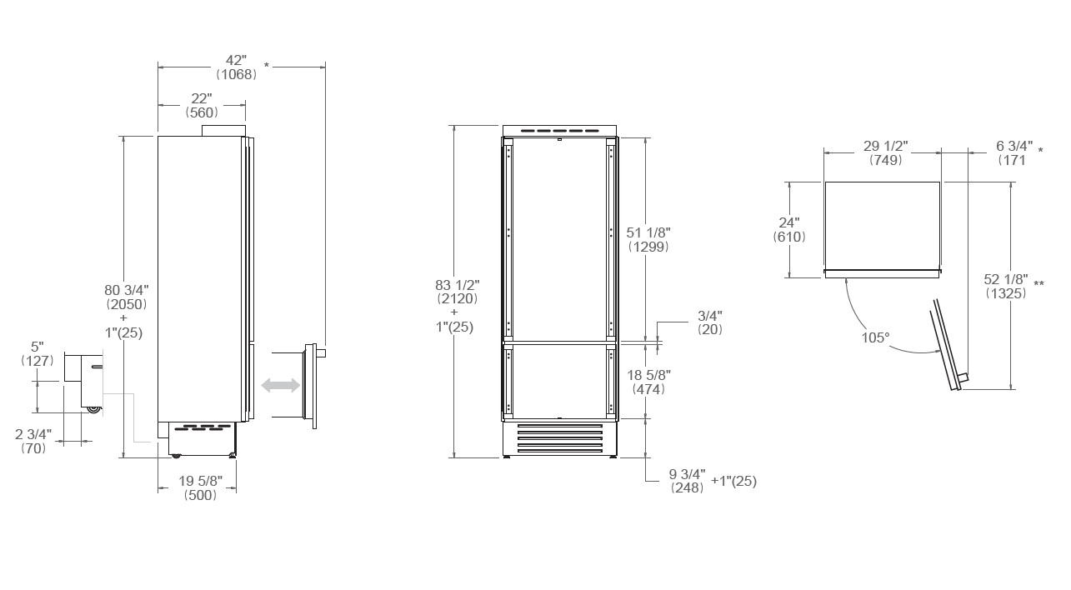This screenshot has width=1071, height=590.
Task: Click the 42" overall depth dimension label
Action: click(236, 67)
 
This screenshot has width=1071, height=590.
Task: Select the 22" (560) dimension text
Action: click(202, 105)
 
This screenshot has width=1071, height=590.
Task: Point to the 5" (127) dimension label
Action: click(37, 353)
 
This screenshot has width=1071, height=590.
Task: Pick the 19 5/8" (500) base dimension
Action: click(200, 487)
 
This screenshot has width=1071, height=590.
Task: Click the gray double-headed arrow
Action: click(281, 385)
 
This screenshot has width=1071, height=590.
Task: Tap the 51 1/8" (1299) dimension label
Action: click(648, 239)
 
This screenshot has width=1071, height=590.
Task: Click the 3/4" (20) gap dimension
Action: click(709, 322)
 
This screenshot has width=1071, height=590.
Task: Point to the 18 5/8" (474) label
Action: click(648, 382)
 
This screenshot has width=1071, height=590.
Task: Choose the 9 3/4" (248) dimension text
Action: click(688, 481)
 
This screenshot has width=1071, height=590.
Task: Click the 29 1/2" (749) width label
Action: click(884, 152)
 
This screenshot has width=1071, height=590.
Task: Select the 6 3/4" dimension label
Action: click(1015, 152)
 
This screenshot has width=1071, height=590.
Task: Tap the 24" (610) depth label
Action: click(788, 229)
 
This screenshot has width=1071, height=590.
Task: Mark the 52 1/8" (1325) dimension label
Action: click(1006, 286)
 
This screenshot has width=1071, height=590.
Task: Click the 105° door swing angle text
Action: click(875, 337)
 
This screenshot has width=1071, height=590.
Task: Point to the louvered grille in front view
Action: click(558, 438)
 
